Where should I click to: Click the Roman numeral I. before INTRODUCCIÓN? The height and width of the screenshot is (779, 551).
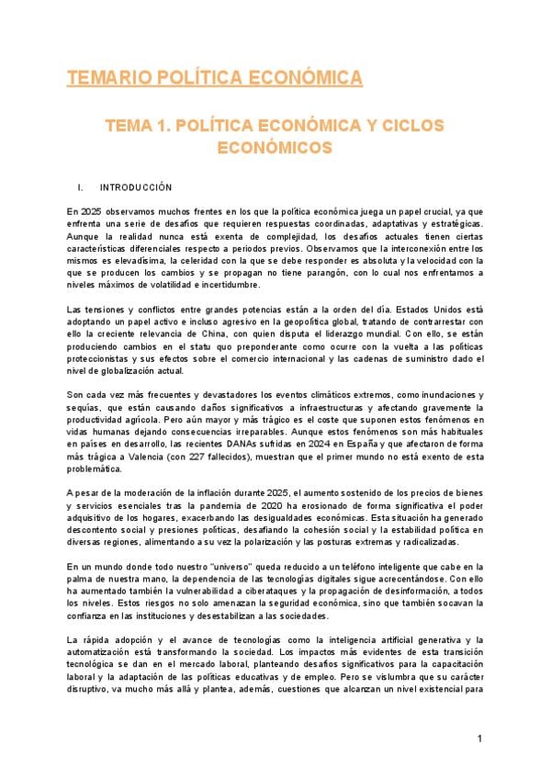82,186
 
